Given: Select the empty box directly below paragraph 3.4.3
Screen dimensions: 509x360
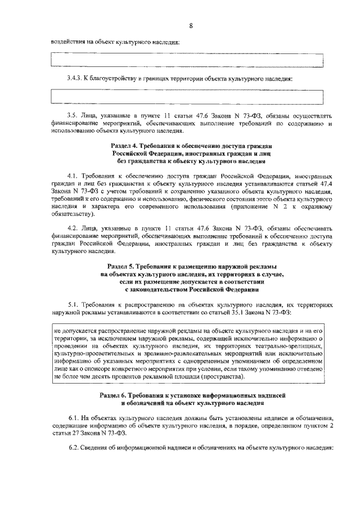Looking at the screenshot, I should click(x=187, y=96).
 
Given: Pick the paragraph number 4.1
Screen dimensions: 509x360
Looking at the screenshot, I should click(x=72, y=176).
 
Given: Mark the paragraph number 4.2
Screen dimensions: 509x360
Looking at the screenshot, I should click(x=72, y=229).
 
